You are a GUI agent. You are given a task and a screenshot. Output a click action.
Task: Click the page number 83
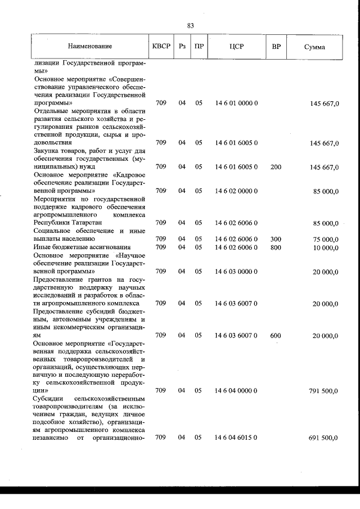point(191,25)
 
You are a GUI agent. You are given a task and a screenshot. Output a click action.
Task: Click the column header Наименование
point(90,46)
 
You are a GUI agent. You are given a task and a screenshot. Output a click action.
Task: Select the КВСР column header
point(161,46)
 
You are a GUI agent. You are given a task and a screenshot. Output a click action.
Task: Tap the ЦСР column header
point(236,46)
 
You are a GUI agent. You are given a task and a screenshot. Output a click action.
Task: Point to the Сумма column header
point(314,47)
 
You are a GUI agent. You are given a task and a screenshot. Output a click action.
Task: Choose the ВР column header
point(276,46)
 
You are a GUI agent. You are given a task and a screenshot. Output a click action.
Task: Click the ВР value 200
point(276,166)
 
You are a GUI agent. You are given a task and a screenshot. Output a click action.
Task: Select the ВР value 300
point(276,239)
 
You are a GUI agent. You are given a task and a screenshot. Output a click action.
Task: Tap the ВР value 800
point(276,247)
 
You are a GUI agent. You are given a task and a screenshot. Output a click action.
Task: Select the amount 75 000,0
point(326,240)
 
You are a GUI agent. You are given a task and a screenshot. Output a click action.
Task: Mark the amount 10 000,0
point(326,247)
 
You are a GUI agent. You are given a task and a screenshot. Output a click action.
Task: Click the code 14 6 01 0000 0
point(236,103)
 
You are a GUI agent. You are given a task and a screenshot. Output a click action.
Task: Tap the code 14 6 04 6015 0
point(236,437)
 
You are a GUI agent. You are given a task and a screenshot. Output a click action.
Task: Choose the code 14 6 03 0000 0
point(236,271)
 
